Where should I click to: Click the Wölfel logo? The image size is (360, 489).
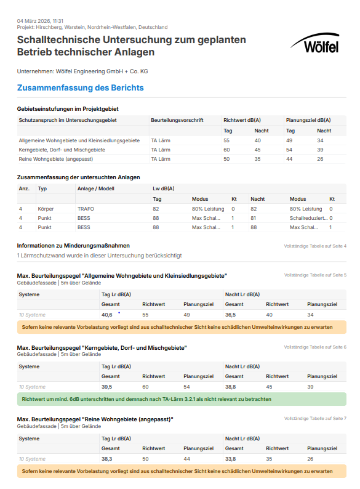314,44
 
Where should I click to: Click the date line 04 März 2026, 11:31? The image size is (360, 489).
40,21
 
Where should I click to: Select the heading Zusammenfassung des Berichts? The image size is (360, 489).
80,88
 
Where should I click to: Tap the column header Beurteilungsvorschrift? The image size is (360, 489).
177,121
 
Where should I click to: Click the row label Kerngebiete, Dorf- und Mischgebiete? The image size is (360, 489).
62,150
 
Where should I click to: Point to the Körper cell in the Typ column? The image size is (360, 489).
46,209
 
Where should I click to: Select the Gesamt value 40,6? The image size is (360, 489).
107,315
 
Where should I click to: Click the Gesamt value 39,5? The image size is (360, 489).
106,387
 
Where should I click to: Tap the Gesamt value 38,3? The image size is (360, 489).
106,459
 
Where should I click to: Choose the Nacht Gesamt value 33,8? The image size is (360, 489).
231,459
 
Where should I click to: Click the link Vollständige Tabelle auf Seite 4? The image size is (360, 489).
315,246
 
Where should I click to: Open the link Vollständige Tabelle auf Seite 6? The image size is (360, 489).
315,347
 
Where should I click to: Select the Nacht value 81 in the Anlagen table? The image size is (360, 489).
254,218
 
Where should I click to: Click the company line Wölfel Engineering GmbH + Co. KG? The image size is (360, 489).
82,71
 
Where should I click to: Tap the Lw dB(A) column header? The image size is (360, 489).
163,188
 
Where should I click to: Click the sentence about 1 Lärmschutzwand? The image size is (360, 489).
99,255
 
